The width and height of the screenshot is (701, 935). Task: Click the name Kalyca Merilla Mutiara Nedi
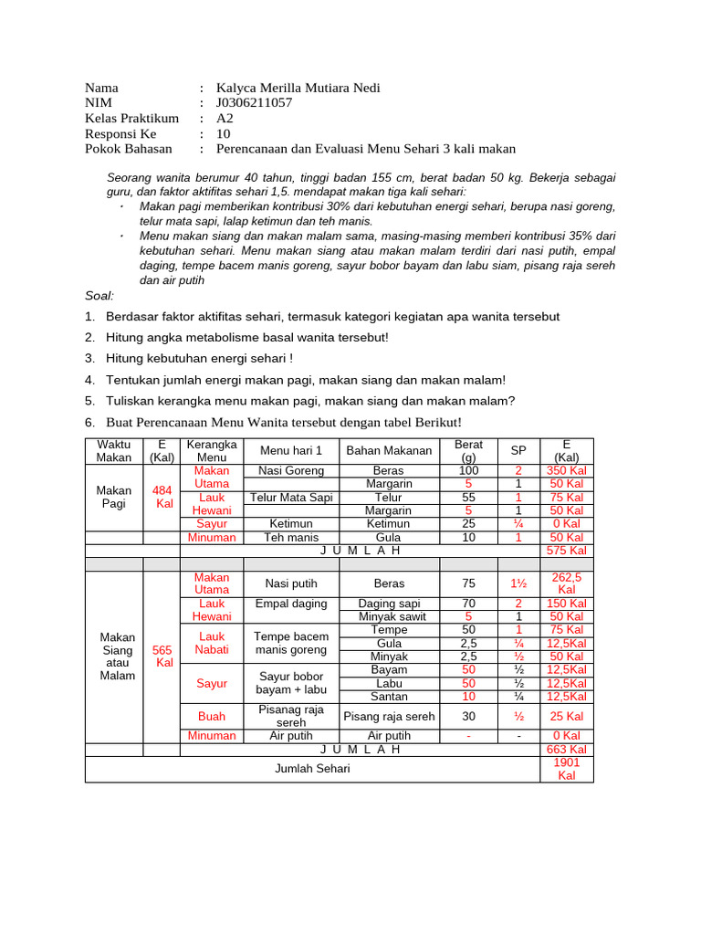tap(298, 88)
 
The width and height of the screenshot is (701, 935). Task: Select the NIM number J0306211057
tap(254, 103)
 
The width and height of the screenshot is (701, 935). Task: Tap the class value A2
tap(225, 119)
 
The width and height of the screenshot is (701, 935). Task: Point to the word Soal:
tap(99, 296)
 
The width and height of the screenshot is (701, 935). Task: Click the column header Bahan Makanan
tap(389, 450)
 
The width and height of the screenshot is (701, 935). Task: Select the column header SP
tap(518, 450)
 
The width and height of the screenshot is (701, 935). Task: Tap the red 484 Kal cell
tap(162, 497)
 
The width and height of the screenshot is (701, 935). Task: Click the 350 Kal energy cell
tap(566, 470)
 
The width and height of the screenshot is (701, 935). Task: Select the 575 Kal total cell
tap(566, 552)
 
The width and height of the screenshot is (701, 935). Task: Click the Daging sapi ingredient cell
tap(389, 604)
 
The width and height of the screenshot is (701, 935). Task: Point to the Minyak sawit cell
tap(389, 617)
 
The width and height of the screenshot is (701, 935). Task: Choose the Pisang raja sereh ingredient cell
tap(389, 716)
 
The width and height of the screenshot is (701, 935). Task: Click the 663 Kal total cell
tap(566, 750)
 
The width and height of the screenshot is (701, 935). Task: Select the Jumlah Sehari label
tap(312, 769)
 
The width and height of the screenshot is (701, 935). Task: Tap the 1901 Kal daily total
tap(566, 769)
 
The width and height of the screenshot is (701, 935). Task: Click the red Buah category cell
tap(212, 716)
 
